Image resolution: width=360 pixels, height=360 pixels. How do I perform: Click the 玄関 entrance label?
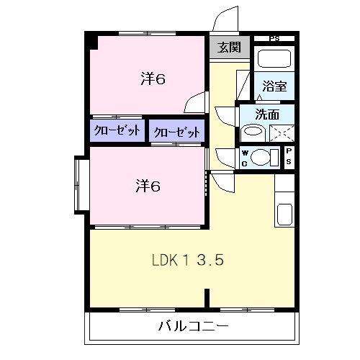230,48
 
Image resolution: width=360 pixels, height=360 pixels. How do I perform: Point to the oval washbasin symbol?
252,131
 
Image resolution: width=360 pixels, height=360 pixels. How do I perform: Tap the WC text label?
245,157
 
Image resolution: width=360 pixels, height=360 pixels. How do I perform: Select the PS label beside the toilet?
289,156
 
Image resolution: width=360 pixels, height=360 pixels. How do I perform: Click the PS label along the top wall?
274,38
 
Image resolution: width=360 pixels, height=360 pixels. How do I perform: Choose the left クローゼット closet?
117,131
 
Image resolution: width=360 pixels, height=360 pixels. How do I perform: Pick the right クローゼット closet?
176,132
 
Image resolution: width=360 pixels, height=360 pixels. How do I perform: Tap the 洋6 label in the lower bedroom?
148,186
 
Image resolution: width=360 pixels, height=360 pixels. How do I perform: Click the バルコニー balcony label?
194,326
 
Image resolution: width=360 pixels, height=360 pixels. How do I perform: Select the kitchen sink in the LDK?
284,215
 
